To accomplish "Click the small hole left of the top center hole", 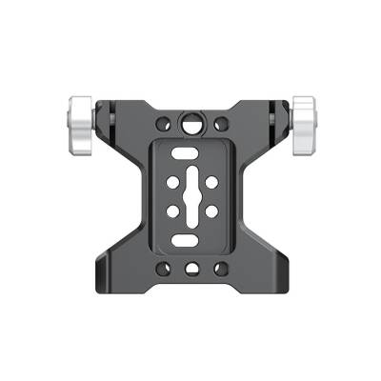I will (x=166, y=124).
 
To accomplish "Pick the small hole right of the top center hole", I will (x=220, y=123).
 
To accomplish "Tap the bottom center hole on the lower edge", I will (x=191, y=270).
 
